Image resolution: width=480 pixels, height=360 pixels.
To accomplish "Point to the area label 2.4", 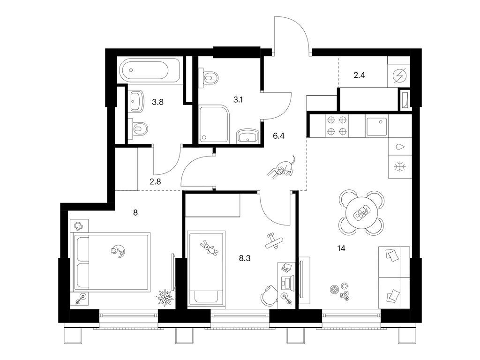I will (359, 75).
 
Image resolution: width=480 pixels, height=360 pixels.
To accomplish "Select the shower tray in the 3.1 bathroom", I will (213, 124).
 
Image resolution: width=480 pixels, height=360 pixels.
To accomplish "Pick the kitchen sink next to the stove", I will (376, 125).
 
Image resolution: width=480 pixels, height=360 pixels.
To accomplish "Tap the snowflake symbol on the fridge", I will (400, 166).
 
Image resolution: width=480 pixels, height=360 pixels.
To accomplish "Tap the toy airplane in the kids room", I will (273, 240).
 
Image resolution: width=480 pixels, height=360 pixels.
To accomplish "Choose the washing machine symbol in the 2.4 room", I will (399, 76).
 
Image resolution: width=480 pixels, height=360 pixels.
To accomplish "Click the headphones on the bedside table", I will (78, 226).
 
